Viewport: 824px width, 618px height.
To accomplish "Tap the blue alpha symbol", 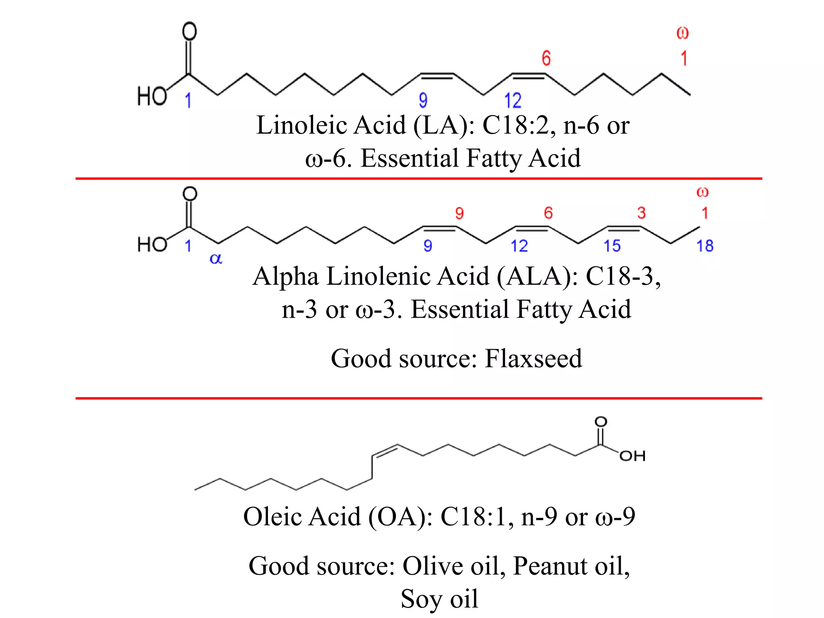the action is click(216, 259).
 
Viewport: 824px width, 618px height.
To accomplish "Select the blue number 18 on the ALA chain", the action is click(705, 246).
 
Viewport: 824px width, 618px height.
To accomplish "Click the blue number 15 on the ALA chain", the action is click(612, 246).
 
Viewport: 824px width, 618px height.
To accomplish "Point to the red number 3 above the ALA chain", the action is click(641, 213).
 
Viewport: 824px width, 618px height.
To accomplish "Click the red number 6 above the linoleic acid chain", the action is click(546, 58).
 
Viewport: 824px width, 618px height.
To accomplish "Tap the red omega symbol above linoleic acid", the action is click(682, 33).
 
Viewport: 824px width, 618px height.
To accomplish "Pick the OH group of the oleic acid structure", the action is click(632, 456).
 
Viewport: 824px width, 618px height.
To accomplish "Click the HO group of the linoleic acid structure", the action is click(152, 97).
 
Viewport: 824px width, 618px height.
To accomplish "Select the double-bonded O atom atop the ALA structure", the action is click(190, 194).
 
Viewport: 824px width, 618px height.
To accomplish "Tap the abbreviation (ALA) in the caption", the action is click(538, 276).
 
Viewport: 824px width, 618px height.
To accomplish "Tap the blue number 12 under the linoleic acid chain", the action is click(513, 100).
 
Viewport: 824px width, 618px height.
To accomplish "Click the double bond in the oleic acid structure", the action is click(385, 451).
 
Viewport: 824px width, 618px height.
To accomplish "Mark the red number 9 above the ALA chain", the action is click(459, 213).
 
